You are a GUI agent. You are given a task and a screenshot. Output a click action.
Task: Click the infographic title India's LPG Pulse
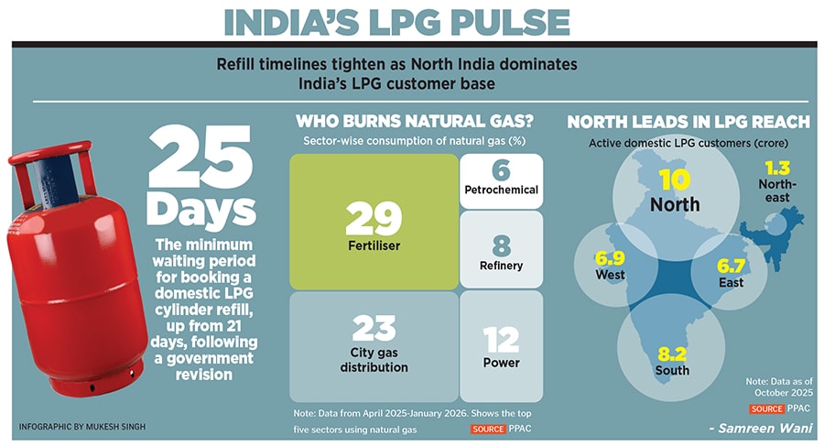tap(411, 23)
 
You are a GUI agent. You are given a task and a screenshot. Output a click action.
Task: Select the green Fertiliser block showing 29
tap(374, 221)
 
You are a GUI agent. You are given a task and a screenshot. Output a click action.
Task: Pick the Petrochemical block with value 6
tap(500, 180)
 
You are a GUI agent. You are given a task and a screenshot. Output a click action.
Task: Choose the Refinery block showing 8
tap(500, 250)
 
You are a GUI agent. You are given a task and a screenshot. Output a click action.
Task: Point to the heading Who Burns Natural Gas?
tap(414, 121)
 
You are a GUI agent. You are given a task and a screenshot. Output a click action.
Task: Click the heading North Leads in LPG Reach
tap(688, 122)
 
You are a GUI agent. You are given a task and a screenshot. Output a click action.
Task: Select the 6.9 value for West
tap(610, 259)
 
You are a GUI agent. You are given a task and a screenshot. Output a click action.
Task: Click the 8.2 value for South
tap(672, 354)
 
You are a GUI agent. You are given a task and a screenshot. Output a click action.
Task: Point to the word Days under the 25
tap(200, 209)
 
